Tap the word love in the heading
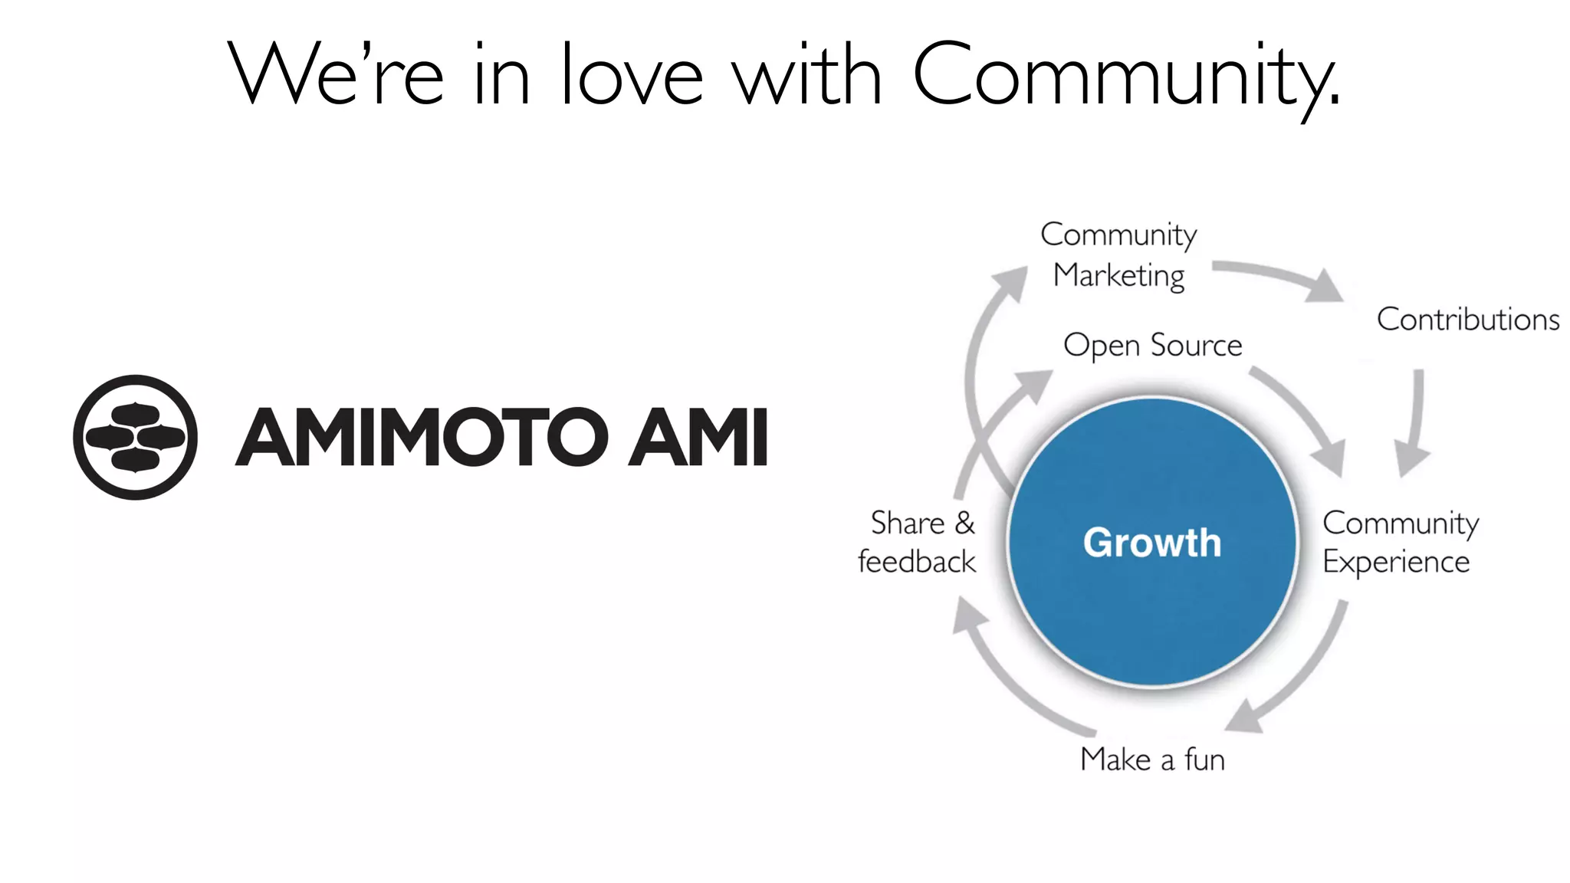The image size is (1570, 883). click(x=632, y=74)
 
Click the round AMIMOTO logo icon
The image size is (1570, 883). click(x=135, y=437)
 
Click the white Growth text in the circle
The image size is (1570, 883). click(x=1151, y=543)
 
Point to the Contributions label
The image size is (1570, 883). click(x=1467, y=320)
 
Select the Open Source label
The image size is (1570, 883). click(x=1152, y=346)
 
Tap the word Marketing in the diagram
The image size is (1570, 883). click(x=1118, y=275)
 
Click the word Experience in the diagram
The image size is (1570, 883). click(x=1396, y=563)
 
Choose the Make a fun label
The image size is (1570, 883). click(x=1152, y=760)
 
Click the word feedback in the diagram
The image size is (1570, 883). click(x=916, y=562)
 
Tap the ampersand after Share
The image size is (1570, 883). click(x=964, y=523)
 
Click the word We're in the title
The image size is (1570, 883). click(x=335, y=74)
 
